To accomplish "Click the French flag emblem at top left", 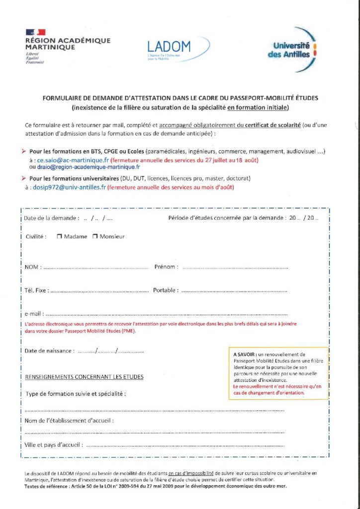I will [36, 32].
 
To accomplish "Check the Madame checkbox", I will [59, 237].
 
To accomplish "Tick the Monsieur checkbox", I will [95, 237].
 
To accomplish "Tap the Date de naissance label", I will [49, 350].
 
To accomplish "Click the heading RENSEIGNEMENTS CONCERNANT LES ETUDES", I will [84, 377].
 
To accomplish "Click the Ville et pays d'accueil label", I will [53, 445].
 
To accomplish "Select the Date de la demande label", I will [52, 218].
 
